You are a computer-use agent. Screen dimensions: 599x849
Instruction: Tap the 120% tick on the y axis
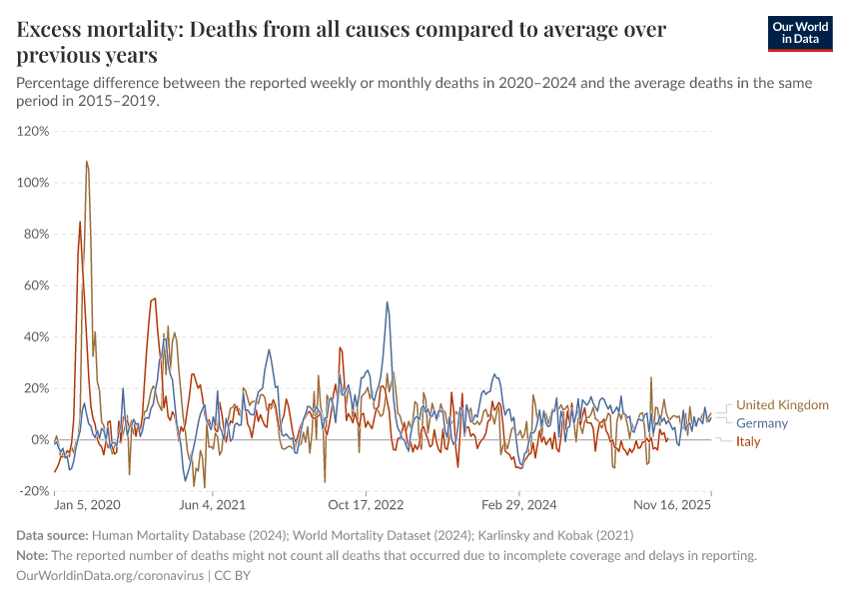coord(33,131)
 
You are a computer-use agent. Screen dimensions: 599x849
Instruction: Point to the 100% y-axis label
coord(33,183)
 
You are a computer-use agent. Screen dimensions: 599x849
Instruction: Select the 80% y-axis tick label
coord(35,234)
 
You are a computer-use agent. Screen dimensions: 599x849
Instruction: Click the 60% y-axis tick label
coord(35,286)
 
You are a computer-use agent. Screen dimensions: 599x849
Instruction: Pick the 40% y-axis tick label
coord(35,336)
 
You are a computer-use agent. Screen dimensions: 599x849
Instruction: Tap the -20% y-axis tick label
coord(33,491)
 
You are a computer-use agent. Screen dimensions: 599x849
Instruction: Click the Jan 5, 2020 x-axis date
coord(87,506)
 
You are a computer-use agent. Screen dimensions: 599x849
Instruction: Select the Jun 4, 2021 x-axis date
coord(212,506)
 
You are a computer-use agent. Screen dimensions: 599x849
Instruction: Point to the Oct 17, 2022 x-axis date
coord(367,506)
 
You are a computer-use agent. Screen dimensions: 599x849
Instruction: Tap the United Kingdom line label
coord(782,405)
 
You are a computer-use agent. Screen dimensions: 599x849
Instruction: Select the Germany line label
coord(762,423)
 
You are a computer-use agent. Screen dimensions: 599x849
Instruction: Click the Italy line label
coord(748,441)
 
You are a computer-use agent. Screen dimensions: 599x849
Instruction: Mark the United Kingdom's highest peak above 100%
coord(87,162)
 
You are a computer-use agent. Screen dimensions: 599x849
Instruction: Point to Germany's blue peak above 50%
coord(388,302)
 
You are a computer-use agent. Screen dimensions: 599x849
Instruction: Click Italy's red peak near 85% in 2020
coord(80,222)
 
